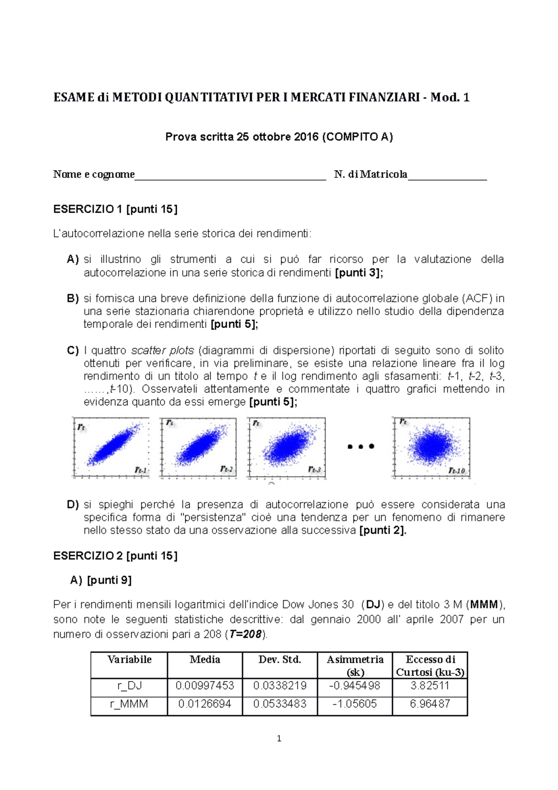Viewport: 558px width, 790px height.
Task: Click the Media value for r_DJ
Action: tap(205, 686)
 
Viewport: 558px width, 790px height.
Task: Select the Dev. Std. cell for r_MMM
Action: tap(279, 703)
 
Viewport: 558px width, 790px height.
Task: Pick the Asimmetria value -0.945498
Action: tap(355, 686)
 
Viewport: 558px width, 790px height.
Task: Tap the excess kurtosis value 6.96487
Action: tap(430, 703)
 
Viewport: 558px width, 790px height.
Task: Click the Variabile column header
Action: tap(129, 659)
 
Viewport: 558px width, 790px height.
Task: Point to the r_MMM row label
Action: tap(129, 703)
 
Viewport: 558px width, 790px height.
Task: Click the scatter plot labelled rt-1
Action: tap(111, 447)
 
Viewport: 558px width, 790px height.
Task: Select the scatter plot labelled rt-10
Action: tap(432, 447)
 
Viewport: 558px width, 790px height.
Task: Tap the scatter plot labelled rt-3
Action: tap(286, 447)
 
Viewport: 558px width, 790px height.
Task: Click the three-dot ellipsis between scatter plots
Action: tap(361, 447)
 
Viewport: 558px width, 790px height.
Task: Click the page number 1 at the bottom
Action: tap(279, 738)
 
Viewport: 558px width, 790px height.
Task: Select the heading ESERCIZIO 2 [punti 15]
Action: tap(115, 556)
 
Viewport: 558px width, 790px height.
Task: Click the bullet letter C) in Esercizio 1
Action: tap(73, 350)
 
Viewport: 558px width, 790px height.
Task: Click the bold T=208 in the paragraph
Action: tap(246, 634)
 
